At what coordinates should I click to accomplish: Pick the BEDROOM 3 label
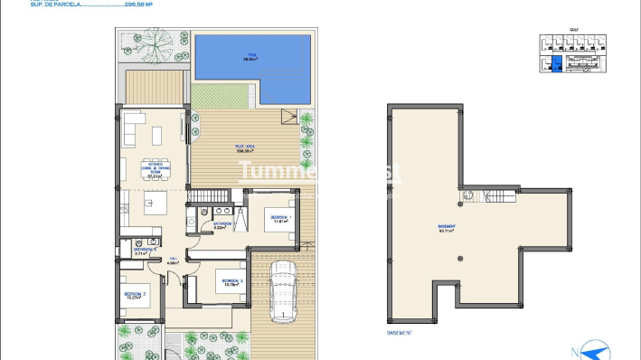(x=136, y=295)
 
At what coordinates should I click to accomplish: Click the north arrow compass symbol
(x=596, y=348)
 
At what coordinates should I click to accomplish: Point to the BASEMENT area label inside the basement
(x=446, y=227)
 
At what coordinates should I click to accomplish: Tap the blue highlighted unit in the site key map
(x=557, y=63)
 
